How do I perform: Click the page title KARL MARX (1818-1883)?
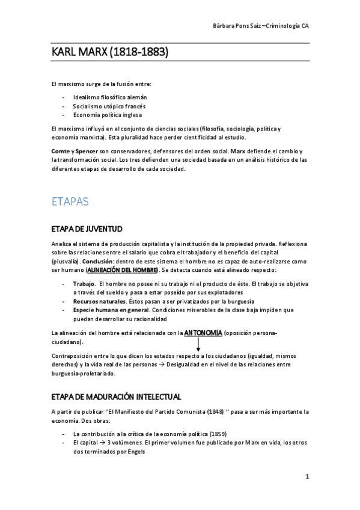109,54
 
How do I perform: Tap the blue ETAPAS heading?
70,202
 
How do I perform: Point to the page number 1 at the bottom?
307,477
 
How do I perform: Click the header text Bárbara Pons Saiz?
239,26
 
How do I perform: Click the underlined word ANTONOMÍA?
203,333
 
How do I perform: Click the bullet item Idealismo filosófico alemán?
109,97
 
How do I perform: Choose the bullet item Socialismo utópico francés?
109,106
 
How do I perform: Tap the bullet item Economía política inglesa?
108,115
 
